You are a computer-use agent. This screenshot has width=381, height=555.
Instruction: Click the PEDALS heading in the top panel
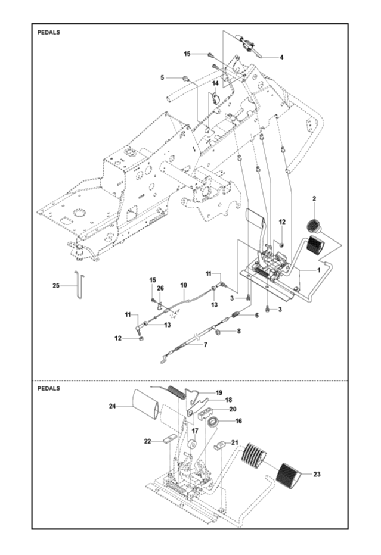click(x=48, y=32)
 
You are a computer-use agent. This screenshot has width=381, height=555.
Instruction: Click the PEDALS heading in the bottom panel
click(x=48, y=388)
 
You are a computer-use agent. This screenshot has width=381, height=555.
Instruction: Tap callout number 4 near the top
click(x=282, y=57)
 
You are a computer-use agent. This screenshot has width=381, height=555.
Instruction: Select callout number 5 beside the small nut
click(x=162, y=77)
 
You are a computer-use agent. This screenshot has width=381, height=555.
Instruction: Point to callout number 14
click(x=215, y=83)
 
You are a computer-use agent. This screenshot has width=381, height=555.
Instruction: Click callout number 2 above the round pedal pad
click(x=314, y=199)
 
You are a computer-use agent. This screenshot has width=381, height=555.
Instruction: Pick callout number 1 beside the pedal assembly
click(x=318, y=270)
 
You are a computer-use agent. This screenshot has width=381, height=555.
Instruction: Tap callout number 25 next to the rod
click(x=56, y=286)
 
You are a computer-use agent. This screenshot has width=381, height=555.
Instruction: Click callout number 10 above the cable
click(x=184, y=285)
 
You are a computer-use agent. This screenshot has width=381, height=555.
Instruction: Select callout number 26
click(x=160, y=288)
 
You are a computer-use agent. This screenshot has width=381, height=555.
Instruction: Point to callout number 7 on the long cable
click(x=206, y=344)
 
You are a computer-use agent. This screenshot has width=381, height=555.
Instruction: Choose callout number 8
click(x=239, y=331)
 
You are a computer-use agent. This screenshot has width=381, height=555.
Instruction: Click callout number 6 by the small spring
click(x=257, y=315)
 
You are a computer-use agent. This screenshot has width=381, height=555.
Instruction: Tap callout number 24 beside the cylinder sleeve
click(x=112, y=406)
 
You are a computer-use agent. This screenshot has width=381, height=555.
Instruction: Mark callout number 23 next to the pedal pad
click(x=317, y=474)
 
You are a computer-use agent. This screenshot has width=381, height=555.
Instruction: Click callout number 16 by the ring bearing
click(x=238, y=421)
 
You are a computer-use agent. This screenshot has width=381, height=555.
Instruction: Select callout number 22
click(x=147, y=441)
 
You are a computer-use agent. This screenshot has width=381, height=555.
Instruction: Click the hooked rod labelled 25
click(x=79, y=285)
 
